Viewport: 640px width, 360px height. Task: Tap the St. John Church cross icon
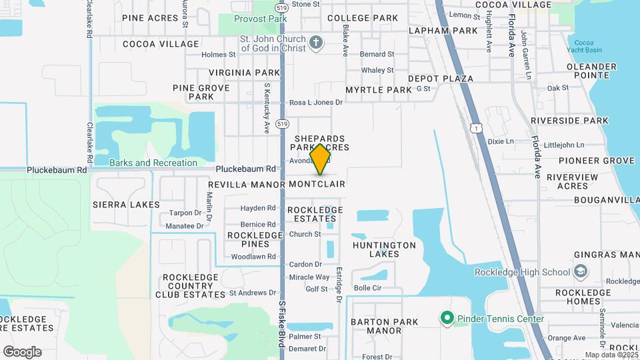[317, 43]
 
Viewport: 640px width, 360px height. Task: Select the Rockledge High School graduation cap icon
[580, 271]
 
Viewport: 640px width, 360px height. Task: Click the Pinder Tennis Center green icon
[447, 319]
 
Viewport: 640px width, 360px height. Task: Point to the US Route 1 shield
[474, 127]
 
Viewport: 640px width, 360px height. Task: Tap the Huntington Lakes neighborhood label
[384, 249]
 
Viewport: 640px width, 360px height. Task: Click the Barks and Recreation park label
[153, 163]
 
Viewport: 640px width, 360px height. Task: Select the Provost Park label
[260, 19]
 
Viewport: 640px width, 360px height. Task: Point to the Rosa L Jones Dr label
[315, 103]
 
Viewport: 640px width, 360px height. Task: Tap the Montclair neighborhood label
[317, 183]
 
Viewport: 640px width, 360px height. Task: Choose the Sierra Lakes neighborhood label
[126, 205]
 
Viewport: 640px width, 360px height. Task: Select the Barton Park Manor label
[384, 326]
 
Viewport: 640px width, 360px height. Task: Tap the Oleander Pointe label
[591, 71]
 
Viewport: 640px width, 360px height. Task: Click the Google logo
[22, 352]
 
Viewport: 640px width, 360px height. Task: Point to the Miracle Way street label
[309, 277]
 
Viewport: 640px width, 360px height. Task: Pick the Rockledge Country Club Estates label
[190, 285]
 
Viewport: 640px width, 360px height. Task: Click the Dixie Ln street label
[501, 141]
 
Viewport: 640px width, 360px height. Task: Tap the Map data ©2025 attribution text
[611, 355]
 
